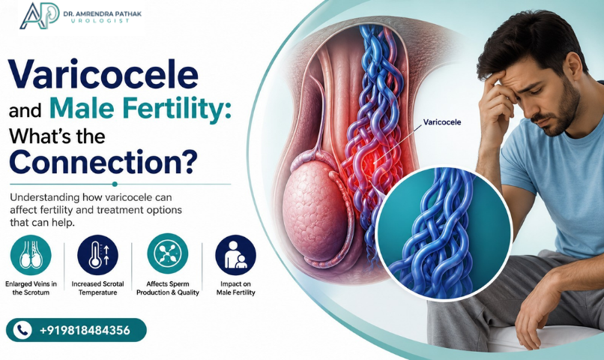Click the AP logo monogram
(39, 16)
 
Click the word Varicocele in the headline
(103, 74)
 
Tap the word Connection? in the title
(103, 161)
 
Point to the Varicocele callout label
(442, 122)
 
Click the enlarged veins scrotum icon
(31, 255)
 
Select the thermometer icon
(98, 255)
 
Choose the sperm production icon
(168, 253)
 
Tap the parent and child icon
(235, 255)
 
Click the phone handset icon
(22, 330)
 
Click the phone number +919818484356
(85, 330)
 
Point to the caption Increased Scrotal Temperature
(98, 288)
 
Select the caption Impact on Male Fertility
(236, 288)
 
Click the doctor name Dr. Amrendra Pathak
(103, 14)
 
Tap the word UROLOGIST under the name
(100, 21)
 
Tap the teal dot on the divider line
(115, 184)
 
